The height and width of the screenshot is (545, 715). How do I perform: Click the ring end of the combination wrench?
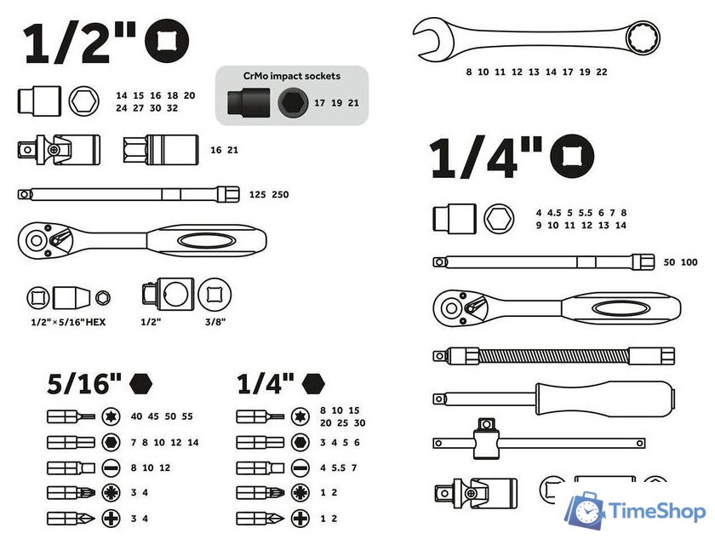coord(642,37)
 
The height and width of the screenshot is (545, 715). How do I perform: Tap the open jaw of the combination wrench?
coord(429,39)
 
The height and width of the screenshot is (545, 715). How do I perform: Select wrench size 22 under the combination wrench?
coord(602,72)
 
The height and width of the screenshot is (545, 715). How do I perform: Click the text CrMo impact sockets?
coord(292,76)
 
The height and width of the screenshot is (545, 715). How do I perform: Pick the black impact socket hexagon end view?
coord(293,103)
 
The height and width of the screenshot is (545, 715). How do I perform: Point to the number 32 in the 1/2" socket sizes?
coord(172,108)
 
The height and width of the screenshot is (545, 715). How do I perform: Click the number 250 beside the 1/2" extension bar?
coord(280,195)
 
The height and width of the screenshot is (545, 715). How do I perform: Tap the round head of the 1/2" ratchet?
coord(36,241)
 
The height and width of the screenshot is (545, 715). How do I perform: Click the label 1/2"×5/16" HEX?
coord(68,323)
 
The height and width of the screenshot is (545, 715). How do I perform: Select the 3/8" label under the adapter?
coord(215,322)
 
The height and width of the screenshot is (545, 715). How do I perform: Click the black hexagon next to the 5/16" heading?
coord(140,383)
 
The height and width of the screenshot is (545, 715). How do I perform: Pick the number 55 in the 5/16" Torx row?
coord(187,416)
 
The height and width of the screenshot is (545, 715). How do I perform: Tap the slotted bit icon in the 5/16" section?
coord(111,468)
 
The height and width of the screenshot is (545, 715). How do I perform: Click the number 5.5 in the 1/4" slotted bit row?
coord(339,468)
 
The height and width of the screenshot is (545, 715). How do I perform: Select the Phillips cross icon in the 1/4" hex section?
coord(300,519)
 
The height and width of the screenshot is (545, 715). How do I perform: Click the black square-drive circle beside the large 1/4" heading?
coord(572,157)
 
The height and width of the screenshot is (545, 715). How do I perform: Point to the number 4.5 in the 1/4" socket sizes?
coord(554,213)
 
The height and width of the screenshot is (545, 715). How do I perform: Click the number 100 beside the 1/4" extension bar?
coord(689,262)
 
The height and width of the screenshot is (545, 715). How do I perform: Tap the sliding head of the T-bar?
coord(486,439)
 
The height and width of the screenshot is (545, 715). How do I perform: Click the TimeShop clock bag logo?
coord(585,510)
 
